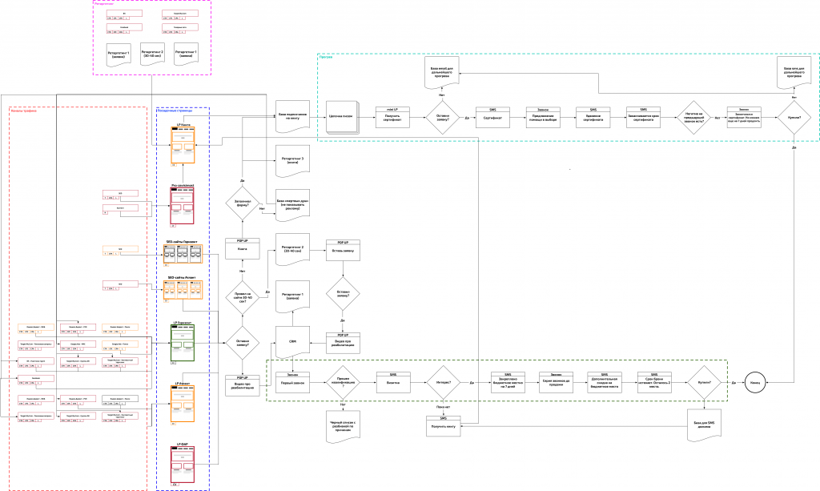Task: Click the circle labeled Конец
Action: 756,383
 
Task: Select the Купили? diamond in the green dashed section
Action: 705,383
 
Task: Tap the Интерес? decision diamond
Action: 443,383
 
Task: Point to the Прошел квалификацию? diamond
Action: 343,383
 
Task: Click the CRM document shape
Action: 292,342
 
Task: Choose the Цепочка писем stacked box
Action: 343,117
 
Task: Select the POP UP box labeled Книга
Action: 243,248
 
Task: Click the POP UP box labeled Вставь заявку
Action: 343,250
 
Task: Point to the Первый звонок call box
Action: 292,382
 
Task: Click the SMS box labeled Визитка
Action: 393,382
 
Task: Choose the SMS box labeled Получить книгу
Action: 443,426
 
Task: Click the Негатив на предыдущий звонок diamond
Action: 693,117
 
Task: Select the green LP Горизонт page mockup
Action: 183,343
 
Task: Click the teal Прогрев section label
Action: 326,57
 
